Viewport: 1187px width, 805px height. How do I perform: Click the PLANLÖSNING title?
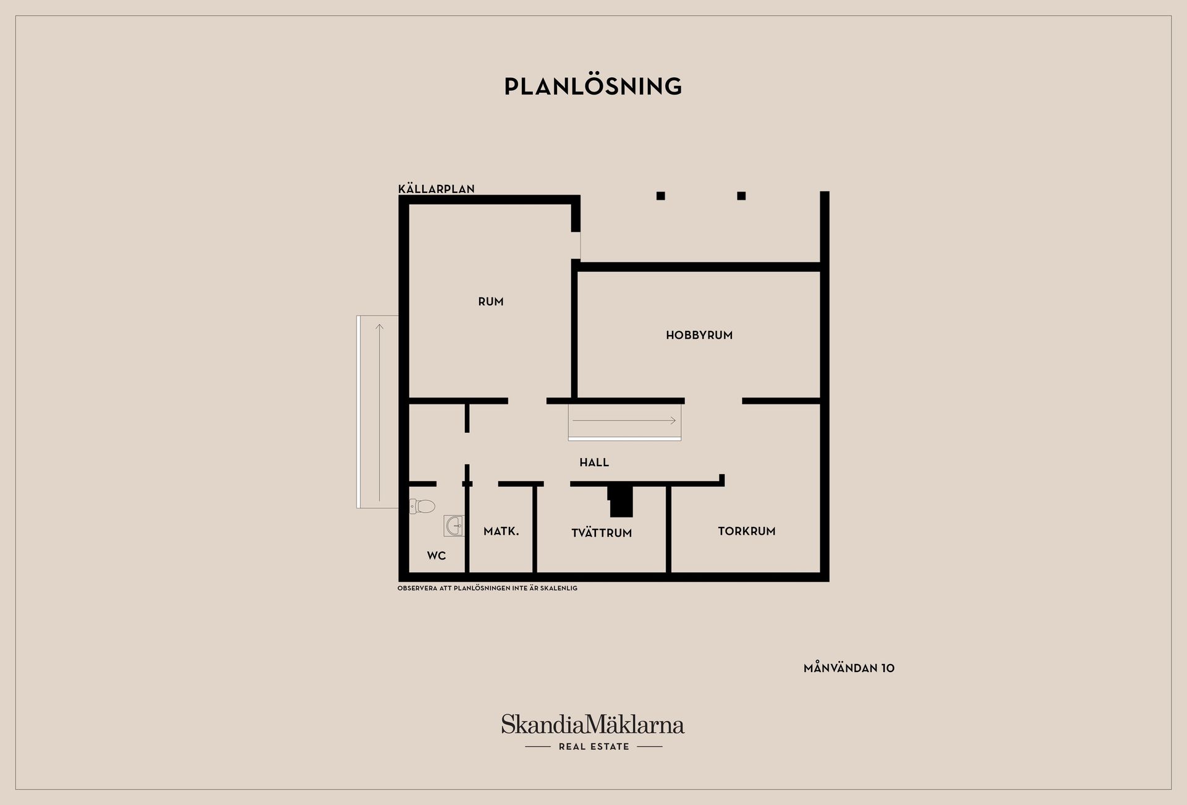coord(593,86)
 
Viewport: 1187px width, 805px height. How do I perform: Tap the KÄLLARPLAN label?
coord(436,189)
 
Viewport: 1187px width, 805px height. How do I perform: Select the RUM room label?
coord(491,302)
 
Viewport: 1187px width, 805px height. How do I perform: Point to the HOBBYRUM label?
coord(699,335)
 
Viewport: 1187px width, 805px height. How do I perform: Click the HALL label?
coord(594,462)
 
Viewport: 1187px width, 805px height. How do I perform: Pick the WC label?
coord(436,556)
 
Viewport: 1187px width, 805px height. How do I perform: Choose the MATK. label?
coord(501,531)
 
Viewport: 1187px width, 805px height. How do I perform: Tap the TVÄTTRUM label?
coord(602,533)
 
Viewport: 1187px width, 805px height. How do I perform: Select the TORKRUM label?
coord(747,531)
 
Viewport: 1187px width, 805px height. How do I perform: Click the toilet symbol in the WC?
coord(422,506)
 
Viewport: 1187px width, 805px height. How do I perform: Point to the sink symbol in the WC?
coord(454,526)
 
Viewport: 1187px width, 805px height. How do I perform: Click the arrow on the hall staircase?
coord(624,420)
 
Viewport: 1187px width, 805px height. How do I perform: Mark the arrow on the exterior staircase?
coord(379,413)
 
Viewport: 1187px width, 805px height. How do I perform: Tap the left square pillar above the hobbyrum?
coord(661,196)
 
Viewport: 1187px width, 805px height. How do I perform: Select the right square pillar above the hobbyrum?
coord(741,196)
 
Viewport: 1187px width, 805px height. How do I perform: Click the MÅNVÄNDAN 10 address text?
coord(849,668)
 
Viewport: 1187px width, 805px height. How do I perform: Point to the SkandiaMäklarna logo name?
coord(593,724)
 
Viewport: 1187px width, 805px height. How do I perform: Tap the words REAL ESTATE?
coord(593,747)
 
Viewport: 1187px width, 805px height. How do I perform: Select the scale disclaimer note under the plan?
coord(487,588)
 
